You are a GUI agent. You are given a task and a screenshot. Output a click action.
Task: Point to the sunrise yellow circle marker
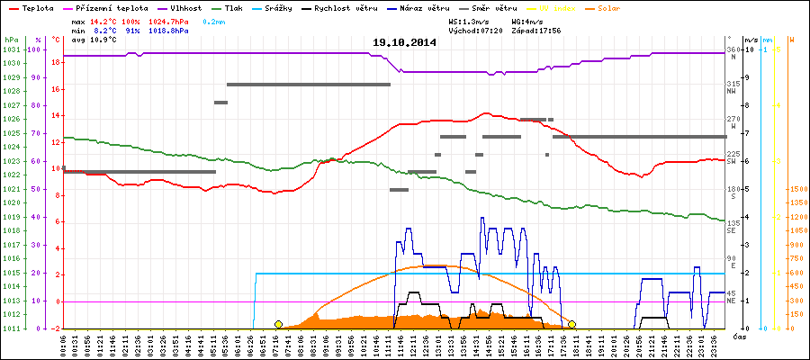[278, 324]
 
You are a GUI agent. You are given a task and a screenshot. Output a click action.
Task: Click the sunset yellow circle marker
[571, 324]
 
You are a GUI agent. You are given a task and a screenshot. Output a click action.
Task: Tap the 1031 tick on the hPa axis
[11, 49]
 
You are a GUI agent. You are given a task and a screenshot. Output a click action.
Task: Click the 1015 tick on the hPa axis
[11, 273]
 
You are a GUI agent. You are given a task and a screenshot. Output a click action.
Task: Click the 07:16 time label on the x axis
[291, 345]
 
